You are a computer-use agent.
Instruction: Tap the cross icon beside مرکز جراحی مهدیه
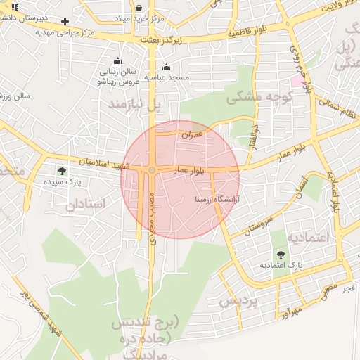[65, 21]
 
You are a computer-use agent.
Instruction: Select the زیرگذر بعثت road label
[160, 41]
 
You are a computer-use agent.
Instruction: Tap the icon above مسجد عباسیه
[166, 67]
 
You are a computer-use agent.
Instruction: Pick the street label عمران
[192, 134]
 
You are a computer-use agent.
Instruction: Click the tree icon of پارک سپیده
[62, 170]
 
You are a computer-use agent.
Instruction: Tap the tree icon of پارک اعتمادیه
[281, 255]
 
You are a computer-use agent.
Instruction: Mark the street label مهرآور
[289, 309]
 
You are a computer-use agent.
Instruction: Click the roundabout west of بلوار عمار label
[152, 170]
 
